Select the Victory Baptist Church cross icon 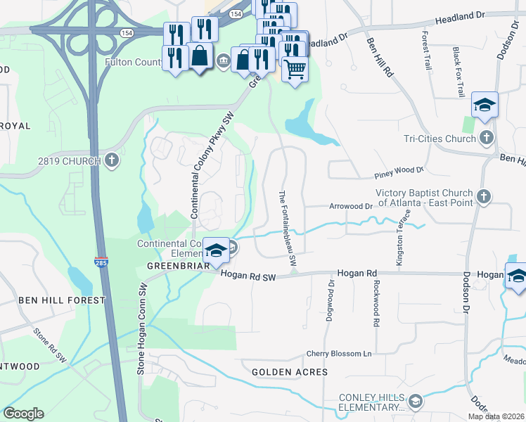[x=483, y=197]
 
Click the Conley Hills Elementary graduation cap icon [x=416, y=402]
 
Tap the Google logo [x=23, y=414]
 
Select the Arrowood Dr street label [x=349, y=206]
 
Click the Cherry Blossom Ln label [x=338, y=354]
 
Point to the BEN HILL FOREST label [x=61, y=300]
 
